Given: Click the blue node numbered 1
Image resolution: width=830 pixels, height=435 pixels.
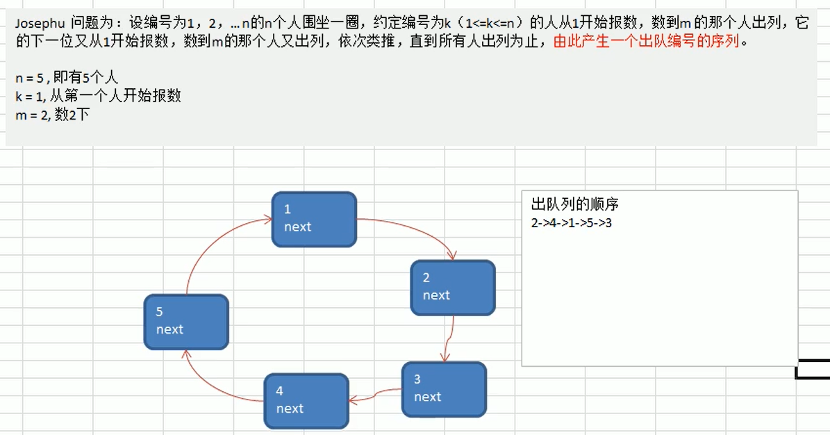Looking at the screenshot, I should (x=314, y=219).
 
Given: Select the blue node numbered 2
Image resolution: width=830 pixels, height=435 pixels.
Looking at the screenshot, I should (x=453, y=287).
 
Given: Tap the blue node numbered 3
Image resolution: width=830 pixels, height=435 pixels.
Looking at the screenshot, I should (x=444, y=389).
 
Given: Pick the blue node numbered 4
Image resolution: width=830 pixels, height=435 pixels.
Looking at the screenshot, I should (x=306, y=401).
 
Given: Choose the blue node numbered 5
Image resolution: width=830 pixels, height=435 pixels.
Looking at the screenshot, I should (x=186, y=322).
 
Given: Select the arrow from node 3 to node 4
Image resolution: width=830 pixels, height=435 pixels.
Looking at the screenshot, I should (x=375, y=395).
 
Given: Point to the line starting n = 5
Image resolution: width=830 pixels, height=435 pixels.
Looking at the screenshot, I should (x=67, y=78).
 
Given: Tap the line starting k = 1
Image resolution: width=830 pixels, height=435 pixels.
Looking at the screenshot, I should (x=98, y=96).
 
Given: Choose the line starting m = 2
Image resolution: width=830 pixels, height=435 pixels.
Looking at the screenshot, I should (x=53, y=115).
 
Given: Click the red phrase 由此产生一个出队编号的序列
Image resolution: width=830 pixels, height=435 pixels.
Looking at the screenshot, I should (x=647, y=40).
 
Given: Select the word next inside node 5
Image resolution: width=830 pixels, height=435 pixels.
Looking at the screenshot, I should (x=169, y=329).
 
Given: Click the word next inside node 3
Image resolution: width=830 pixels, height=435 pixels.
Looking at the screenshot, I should (x=427, y=397).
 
